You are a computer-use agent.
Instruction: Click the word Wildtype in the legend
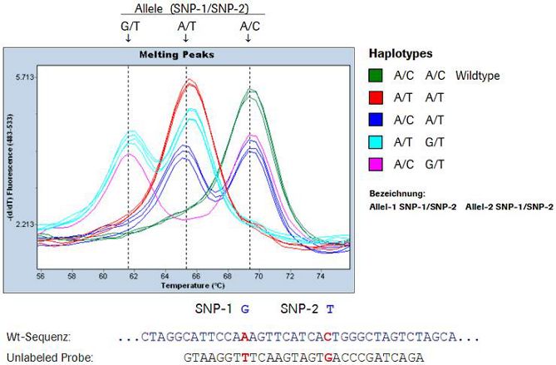pos(477,75)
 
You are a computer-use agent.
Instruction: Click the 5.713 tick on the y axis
pos(25,76)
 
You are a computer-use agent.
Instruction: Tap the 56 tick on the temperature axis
pos(40,274)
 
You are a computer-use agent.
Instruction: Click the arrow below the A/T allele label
pos(187,37)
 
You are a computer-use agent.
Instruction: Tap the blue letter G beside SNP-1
pos(244,308)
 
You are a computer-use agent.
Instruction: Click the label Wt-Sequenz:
pos(38,337)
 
